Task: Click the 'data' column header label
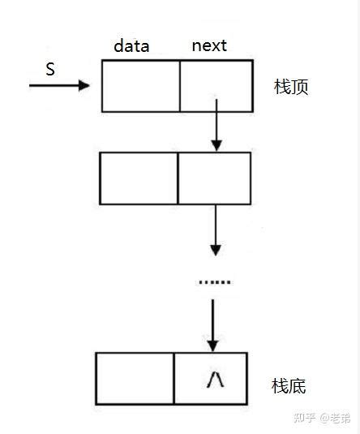coord(131,46)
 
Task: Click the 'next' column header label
coord(208,45)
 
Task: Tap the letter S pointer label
coord(50,70)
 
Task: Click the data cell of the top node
coord(140,85)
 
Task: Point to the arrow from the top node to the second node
coord(215,130)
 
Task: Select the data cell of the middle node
coord(138,178)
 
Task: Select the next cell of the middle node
coord(212,178)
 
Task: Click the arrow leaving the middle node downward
coord(215,231)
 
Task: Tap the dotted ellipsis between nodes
coord(215,282)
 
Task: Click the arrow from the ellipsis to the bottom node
coord(212,324)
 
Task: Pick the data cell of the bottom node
coord(135,377)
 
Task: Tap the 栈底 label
coord(289,386)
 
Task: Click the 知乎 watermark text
coord(304,419)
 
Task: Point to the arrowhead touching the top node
coord(85,84)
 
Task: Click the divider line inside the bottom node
coord(174,377)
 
